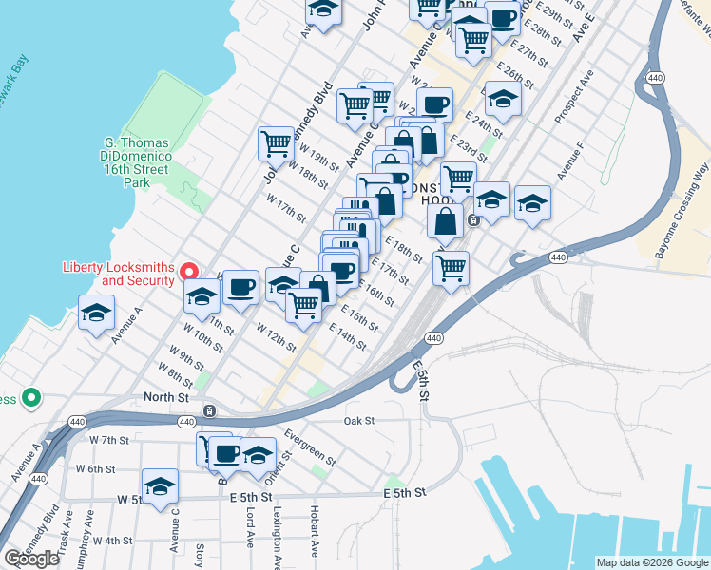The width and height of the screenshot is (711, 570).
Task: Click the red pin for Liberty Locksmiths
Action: pyautogui.click(x=189, y=273)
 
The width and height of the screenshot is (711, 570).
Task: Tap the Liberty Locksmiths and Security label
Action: pyautogui.click(x=119, y=274)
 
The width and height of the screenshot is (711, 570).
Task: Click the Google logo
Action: pyautogui.click(x=31, y=559)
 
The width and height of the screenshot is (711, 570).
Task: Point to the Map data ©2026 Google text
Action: pyautogui.click(x=651, y=562)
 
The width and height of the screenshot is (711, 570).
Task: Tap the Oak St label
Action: pyautogui.click(x=358, y=420)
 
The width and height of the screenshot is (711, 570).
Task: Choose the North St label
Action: pyautogui.click(x=162, y=396)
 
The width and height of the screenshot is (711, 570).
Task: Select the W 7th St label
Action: pyautogui.click(x=108, y=440)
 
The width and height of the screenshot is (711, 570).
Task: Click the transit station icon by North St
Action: pyautogui.click(x=208, y=411)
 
